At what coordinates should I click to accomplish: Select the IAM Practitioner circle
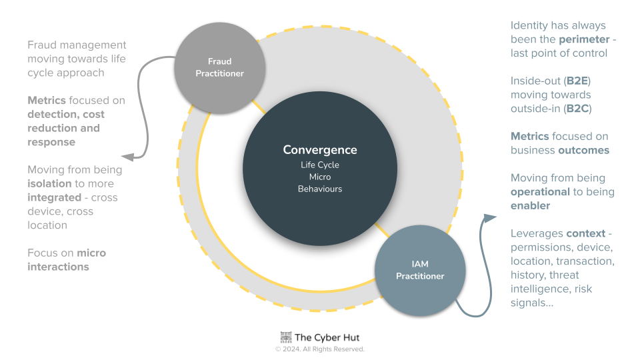tap(419, 270)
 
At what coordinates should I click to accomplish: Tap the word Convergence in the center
tap(320, 150)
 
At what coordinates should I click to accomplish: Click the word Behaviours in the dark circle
tap(320, 189)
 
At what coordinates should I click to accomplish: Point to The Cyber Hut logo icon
tap(286, 337)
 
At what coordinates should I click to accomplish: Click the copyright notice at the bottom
tap(320, 349)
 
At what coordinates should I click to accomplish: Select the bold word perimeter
tap(584, 39)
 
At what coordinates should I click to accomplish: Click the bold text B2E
tap(577, 81)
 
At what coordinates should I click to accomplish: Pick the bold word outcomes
tap(583, 150)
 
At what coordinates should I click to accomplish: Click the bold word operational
tap(540, 192)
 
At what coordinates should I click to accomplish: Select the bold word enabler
tap(531, 206)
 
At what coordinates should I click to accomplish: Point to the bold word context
tap(586, 233)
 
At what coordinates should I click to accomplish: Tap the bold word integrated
tap(56, 197)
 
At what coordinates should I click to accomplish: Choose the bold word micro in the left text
tap(91, 253)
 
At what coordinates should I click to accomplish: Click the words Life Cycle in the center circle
tap(320, 165)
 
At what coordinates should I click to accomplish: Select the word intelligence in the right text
tap(539, 289)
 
